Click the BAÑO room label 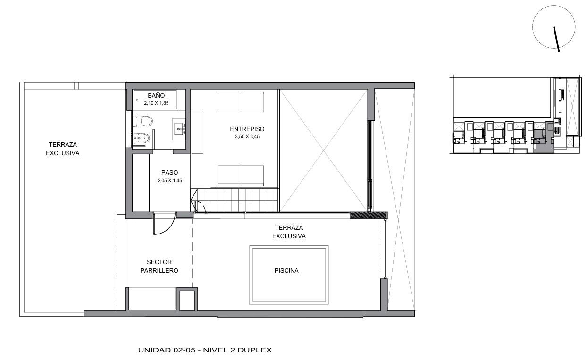(156, 95)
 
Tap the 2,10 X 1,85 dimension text (156, 103)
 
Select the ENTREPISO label (247, 129)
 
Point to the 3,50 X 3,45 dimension (247, 137)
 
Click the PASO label (169, 173)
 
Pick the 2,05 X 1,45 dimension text (169, 181)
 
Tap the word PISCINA (286, 271)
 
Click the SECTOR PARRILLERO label (159, 266)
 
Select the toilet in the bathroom (142, 121)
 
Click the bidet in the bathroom (141, 138)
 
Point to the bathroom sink (179, 129)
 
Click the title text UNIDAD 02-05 (167, 350)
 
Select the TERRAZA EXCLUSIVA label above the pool (289, 232)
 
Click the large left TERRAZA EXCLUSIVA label (62, 149)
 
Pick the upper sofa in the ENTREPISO (241, 102)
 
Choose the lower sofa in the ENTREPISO (241, 176)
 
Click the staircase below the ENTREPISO (235, 200)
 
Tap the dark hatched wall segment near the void (369, 215)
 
